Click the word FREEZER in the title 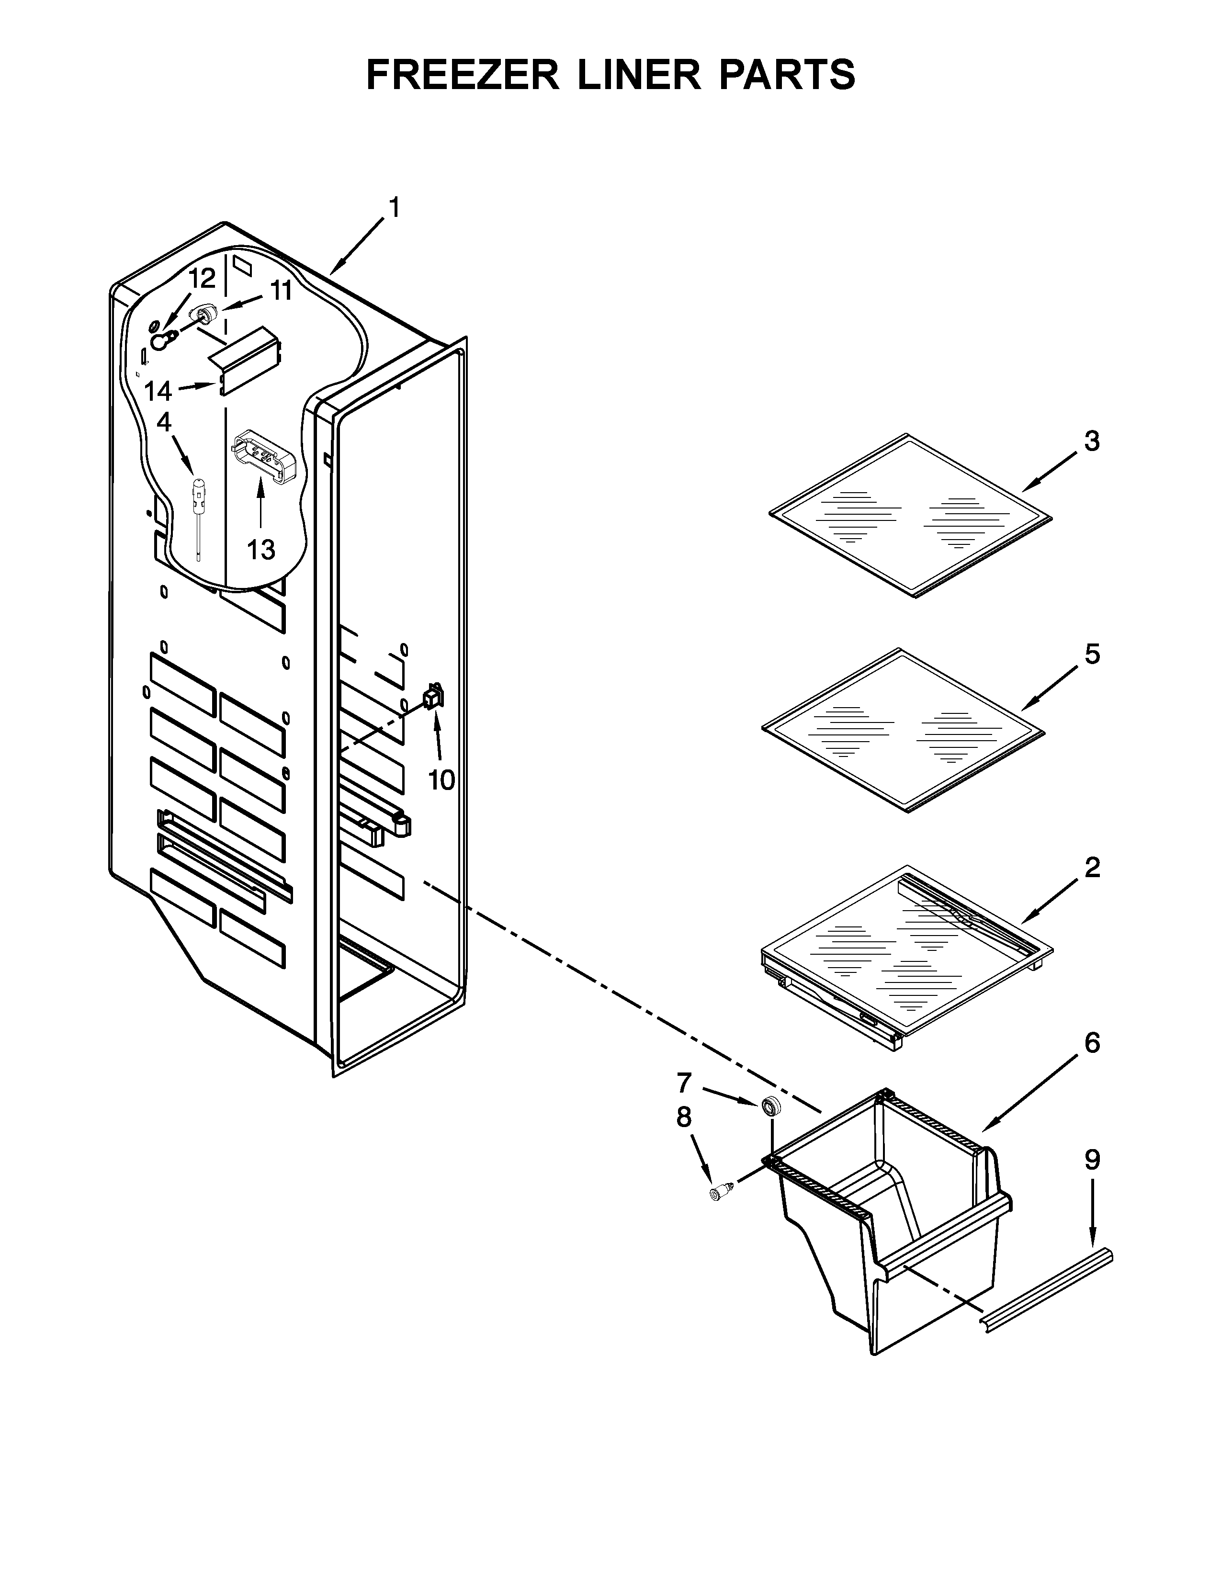463,75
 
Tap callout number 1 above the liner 394,208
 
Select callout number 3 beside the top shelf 1092,440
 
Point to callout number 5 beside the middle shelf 1092,654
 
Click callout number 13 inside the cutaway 260,551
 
